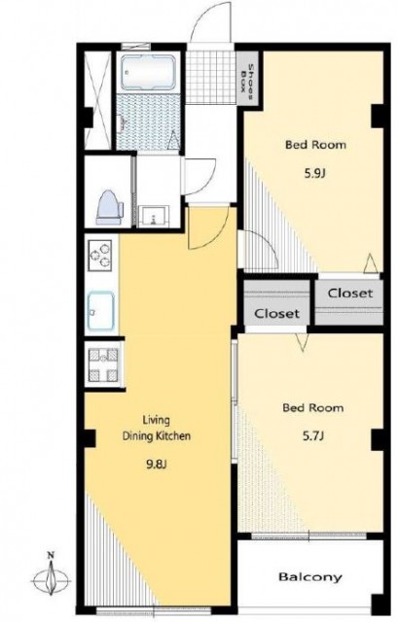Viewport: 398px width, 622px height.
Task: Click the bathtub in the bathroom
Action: pyautogui.click(x=148, y=71)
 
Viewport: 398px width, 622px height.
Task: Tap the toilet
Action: pyautogui.click(x=109, y=207)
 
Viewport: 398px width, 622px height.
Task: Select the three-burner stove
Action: pyautogui.click(x=99, y=256)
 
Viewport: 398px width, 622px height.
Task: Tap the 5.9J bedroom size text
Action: pyautogui.click(x=315, y=173)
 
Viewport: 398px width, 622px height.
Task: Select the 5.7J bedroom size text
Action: pyautogui.click(x=313, y=436)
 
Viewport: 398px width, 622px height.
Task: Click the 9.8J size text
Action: pyautogui.click(x=156, y=465)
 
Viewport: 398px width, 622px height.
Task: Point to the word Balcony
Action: pyautogui.click(x=310, y=576)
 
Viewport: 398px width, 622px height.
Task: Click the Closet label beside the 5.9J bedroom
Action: pyautogui.click(x=350, y=294)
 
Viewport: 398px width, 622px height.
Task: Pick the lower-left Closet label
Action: pyautogui.click(x=276, y=313)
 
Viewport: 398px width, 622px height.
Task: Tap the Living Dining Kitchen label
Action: pyautogui.click(x=156, y=428)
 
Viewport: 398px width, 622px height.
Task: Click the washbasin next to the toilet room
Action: pyautogui.click(x=155, y=216)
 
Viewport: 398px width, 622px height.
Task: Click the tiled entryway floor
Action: pyautogui.click(x=211, y=76)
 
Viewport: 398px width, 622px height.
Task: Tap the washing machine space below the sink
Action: pyautogui.click(x=103, y=365)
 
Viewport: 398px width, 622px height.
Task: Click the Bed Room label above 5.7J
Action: pyautogui.click(x=313, y=408)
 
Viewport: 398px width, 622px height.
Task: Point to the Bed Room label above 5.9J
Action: pyautogui.click(x=315, y=145)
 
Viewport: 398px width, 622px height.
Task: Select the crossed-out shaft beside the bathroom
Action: pyautogui.click(x=97, y=100)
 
